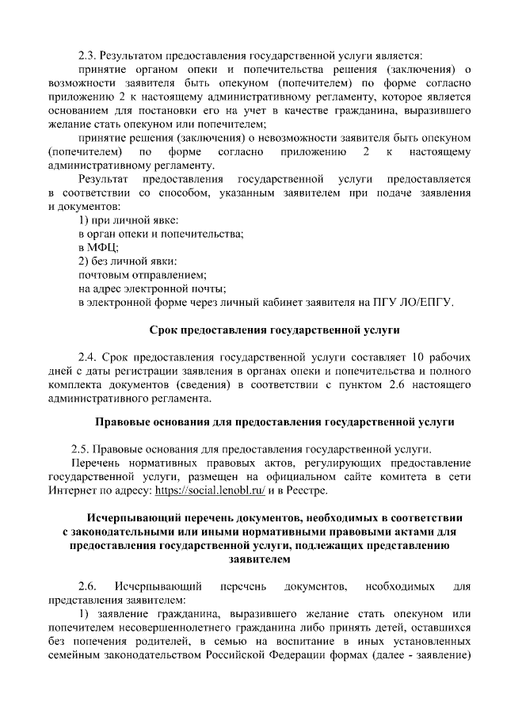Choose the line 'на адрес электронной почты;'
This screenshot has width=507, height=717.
click(152, 288)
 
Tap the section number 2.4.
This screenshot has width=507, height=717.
click(88, 357)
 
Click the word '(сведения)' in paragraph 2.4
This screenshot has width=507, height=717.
click(242, 385)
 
